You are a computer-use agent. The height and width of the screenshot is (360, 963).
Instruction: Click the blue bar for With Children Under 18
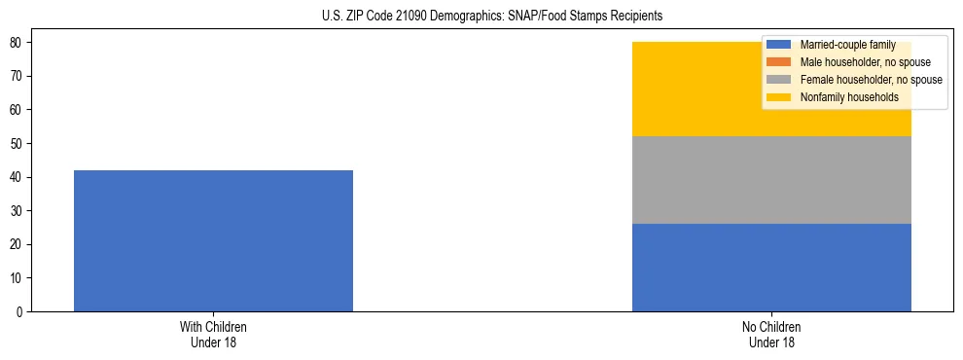tap(213, 240)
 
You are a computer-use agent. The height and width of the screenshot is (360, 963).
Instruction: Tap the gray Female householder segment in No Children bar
tap(771, 180)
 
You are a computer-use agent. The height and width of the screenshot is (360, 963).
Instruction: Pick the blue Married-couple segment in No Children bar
tap(771, 268)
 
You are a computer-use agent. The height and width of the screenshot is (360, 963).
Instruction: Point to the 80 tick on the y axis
tap(18, 43)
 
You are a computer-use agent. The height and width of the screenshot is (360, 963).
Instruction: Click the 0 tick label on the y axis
tap(20, 311)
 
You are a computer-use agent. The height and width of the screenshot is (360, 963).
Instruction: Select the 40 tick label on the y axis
tap(18, 177)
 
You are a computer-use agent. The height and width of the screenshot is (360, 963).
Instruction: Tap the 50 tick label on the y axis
tap(18, 144)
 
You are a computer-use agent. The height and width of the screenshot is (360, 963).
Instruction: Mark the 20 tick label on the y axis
tap(18, 244)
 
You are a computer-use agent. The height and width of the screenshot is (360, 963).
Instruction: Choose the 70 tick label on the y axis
tap(18, 77)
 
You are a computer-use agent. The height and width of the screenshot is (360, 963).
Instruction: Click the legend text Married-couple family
tap(847, 45)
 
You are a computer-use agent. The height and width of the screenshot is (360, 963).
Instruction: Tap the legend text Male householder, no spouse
tap(864, 62)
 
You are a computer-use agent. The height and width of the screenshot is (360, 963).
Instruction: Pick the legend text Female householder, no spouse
tap(871, 80)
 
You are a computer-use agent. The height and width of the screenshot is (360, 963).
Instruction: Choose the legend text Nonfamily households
tap(848, 97)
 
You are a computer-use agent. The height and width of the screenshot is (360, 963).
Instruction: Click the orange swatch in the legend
tap(779, 62)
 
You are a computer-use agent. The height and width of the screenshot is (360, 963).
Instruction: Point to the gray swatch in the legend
tap(779, 80)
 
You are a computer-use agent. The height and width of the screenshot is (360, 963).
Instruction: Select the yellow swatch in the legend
tap(779, 97)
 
